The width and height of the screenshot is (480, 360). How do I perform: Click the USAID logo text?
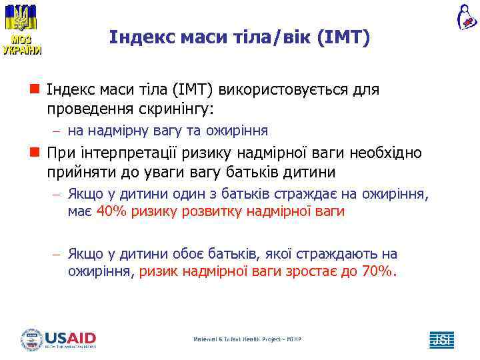[70, 338]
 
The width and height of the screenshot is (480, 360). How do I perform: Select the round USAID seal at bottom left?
[31, 339]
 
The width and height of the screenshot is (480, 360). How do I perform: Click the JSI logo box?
[441, 339]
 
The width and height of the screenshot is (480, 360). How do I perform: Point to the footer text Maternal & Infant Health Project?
[247, 339]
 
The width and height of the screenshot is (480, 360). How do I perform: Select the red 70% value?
[378, 271]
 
